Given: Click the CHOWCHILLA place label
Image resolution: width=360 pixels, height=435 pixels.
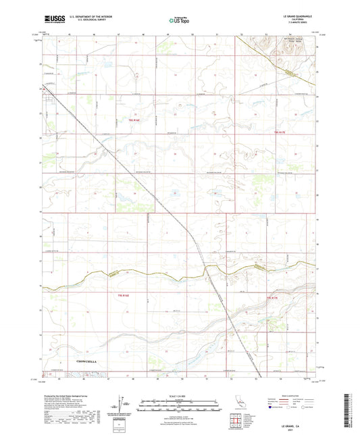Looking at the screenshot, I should coord(80,363).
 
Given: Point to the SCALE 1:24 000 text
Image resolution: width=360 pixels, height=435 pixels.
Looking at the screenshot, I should coord(180,394).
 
